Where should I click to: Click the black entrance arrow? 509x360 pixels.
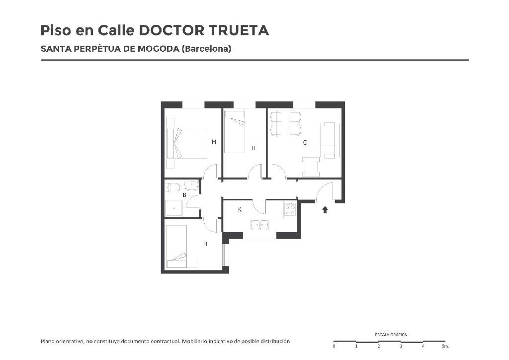pos(325,210)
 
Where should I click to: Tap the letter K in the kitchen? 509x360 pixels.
pos(240,210)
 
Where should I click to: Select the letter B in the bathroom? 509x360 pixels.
pos(184,195)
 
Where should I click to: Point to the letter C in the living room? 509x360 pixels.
pos(305,143)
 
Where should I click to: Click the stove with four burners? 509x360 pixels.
pos(290,209)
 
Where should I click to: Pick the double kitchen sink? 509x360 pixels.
pos(259,224)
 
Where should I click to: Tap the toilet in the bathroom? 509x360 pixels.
pos(172,187)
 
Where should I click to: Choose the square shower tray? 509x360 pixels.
pos(174,208)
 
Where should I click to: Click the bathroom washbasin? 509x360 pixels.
pos(191,185)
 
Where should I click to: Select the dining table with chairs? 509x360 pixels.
pos(285,123)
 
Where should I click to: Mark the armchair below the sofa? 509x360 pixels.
pos(311,167)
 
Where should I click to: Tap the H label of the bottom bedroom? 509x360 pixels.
pos(205,244)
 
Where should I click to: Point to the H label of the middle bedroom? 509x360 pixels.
pos(254,148)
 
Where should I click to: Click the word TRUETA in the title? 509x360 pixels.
pos(239,30)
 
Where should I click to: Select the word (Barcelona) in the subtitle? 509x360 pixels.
pos(206,49)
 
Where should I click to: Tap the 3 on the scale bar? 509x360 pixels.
pos(401,347)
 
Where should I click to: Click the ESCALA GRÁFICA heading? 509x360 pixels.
pos(391,335)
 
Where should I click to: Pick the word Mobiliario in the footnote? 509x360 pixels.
pos(194,341)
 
